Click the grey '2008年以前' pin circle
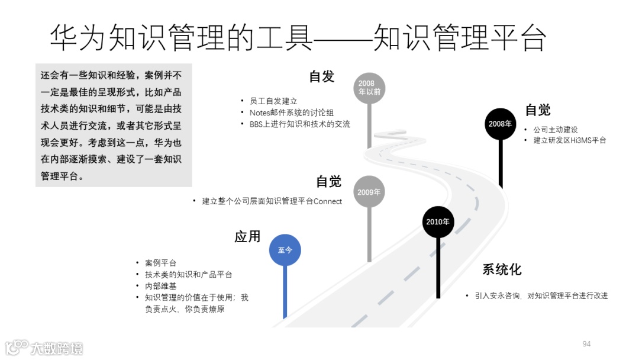click(370, 88)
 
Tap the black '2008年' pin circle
click(500, 124)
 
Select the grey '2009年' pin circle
click(369, 192)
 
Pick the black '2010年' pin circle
click(438, 222)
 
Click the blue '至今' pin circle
click(285, 250)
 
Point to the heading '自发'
click(322, 76)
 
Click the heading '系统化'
click(502, 270)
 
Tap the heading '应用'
click(247, 237)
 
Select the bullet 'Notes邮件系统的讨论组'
click(287, 112)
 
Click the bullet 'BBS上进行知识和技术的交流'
click(299, 124)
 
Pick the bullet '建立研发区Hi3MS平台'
click(569, 140)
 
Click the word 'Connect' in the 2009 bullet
click(328, 201)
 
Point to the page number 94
click(587, 344)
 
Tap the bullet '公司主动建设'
click(555, 129)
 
